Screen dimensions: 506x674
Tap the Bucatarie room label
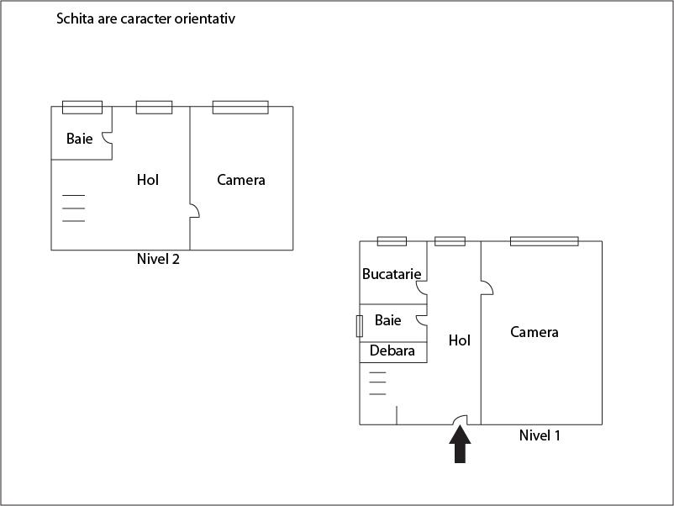[392, 273]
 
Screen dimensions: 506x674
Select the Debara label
[392, 351]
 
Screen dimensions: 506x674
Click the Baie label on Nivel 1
[388, 320]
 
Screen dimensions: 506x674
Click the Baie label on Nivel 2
[80, 139]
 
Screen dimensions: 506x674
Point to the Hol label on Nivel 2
[148, 179]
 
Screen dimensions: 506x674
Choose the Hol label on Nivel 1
[460, 340]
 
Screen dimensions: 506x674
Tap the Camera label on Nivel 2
[241, 179]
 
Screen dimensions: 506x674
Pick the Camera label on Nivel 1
[534, 332]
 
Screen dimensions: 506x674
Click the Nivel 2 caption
[158, 259]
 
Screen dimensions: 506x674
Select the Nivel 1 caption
[540, 435]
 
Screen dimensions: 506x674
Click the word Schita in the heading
[75, 18]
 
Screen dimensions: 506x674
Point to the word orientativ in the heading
[205, 18]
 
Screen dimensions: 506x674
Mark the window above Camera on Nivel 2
[240, 107]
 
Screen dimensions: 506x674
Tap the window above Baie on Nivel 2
[82, 107]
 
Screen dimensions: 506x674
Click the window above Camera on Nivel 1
[544, 241]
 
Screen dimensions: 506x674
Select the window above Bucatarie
[392, 241]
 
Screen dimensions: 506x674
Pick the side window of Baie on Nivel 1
[360, 325]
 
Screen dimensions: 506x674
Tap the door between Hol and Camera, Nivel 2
[194, 212]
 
